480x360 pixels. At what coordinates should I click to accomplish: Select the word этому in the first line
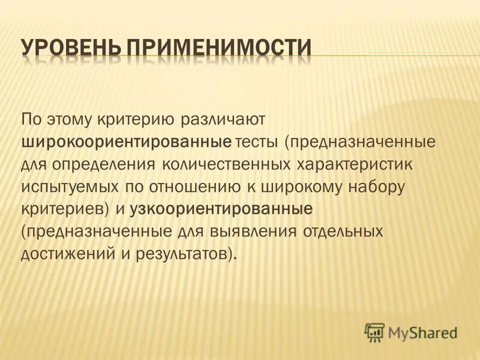pyautogui.click(x=74, y=119)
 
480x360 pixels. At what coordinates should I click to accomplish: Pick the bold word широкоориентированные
pyautogui.click(x=127, y=142)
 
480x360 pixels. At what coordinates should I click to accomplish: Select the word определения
pyautogui.click(x=99, y=164)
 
